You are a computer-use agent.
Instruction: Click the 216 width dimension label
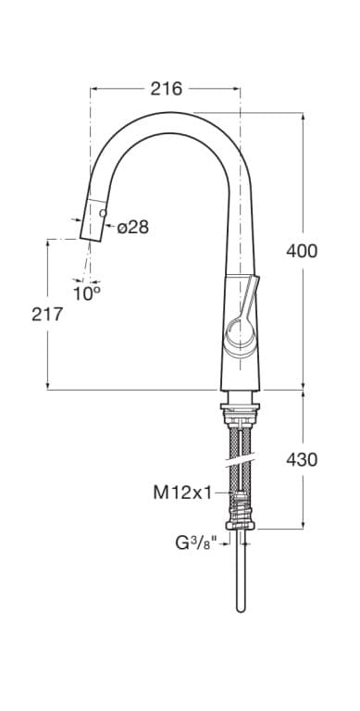[166, 89]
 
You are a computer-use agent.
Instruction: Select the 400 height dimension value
[302, 251]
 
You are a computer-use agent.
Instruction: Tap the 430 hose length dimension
[302, 460]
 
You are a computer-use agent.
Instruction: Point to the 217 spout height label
[47, 314]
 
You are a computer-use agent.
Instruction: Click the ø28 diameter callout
[133, 227]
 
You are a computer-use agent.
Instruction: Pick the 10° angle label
[87, 293]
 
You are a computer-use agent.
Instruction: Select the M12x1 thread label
[182, 493]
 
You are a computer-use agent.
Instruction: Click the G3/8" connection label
[197, 543]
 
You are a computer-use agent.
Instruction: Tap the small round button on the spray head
[103, 213]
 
